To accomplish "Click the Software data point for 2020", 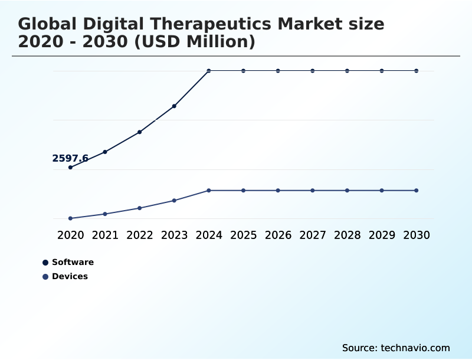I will pyautogui.click(x=70, y=168).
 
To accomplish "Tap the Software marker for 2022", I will pyautogui.click(x=140, y=132).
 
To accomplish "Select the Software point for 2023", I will pyautogui.click(x=174, y=106).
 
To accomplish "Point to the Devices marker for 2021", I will pyautogui.click(x=105, y=214).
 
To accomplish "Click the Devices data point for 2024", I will pyautogui.click(x=209, y=191).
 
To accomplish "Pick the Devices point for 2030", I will pyautogui.click(x=417, y=191).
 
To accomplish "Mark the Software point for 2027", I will pyautogui.click(x=313, y=71).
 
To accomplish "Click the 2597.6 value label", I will pyautogui.click(x=70, y=158).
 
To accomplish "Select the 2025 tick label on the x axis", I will pyautogui.click(x=243, y=235).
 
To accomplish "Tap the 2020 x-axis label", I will pyautogui.click(x=70, y=235).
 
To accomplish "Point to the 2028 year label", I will pyautogui.click(x=347, y=235).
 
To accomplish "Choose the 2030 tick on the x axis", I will pyautogui.click(x=417, y=235).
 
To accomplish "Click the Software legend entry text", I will pyautogui.click(x=73, y=262).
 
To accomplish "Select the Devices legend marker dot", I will pyautogui.click(x=45, y=277).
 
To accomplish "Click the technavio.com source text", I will pyautogui.click(x=415, y=348).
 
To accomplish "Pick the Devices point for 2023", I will pyautogui.click(x=174, y=201).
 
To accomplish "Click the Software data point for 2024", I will pyautogui.click(x=209, y=71).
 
